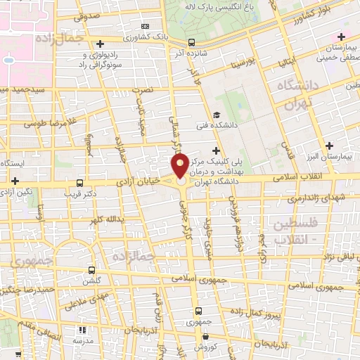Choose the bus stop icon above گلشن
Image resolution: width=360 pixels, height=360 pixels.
[x=92, y=270]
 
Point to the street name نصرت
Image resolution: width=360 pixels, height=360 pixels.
[x=143, y=90]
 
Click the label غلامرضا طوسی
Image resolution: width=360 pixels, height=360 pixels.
[x=44, y=124]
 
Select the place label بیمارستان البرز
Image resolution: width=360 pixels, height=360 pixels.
[x=331, y=156]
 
